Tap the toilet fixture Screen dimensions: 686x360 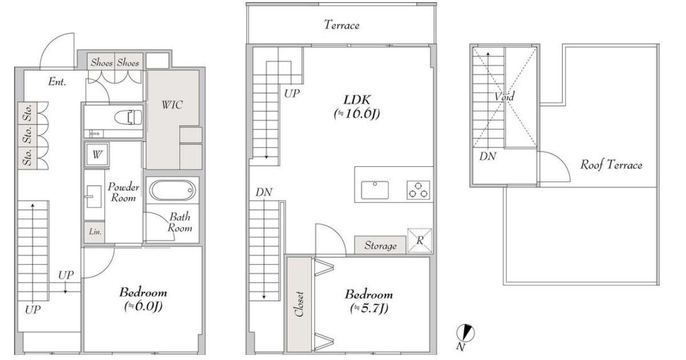tap(129, 117)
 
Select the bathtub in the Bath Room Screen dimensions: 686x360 tap(172, 190)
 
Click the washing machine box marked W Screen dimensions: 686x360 tap(97, 154)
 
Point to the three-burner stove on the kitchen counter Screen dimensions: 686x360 tap(418, 190)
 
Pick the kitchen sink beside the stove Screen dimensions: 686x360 tap(375, 190)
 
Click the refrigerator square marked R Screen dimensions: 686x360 tap(420, 241)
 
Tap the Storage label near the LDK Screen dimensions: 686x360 tap(380, 246)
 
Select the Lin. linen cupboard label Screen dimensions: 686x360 tap(95, 232)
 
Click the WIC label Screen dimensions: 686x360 tap(172, 105)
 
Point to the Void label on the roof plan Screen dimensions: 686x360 tap(504, 97)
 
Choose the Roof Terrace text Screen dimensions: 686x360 tap(611, 165)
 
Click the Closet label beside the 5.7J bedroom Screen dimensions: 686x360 tap(299, 304)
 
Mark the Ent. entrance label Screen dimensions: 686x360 tap(57, 82)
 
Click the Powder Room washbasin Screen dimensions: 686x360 tap(94, 197)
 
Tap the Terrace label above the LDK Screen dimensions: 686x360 tap(342, 25)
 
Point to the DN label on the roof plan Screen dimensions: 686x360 tap(488, 157)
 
